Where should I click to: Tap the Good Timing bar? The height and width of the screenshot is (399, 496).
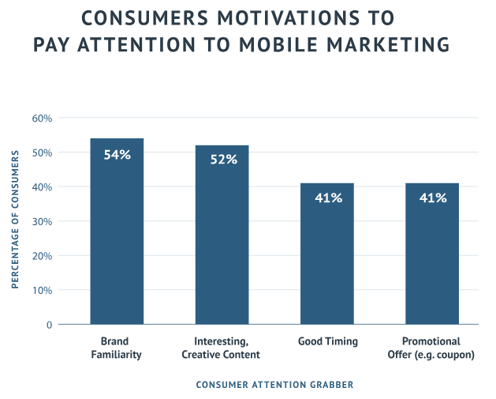327,257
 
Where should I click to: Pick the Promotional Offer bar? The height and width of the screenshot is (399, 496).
432,257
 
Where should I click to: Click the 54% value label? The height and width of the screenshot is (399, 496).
117,156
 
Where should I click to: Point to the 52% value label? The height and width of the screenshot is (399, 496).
223,160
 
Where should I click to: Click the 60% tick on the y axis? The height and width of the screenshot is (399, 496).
42,119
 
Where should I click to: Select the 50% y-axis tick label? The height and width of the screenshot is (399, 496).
42,152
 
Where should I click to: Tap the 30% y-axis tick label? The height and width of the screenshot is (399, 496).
42,221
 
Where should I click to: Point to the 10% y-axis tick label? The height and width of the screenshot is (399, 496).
42,290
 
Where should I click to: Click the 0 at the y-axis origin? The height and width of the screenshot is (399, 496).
49,325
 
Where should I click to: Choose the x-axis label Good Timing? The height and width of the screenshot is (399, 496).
328,341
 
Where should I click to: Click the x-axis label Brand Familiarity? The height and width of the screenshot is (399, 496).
116,348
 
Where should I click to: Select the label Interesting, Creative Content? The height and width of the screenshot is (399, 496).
222,348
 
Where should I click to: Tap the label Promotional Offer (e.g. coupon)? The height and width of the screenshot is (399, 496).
433,348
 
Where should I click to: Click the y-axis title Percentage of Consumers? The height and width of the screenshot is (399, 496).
15,221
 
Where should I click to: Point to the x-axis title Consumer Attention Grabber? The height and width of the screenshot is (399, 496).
274,385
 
